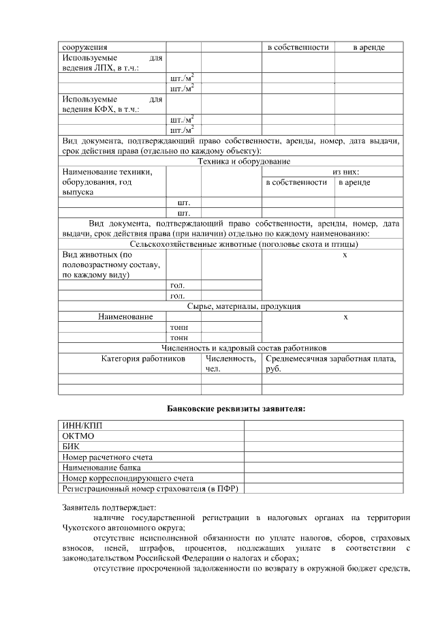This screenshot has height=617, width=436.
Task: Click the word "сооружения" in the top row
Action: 85,47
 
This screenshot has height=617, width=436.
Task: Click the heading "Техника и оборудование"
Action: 244,162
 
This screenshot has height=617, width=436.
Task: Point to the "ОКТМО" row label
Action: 78,436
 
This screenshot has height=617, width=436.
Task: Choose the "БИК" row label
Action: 71,447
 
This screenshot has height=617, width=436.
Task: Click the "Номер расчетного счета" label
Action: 108,457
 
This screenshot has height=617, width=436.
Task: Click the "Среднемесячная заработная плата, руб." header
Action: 331,363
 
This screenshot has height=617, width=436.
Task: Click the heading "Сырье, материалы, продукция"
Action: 244,307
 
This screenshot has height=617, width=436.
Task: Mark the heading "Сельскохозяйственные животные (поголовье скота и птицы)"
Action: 244,244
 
